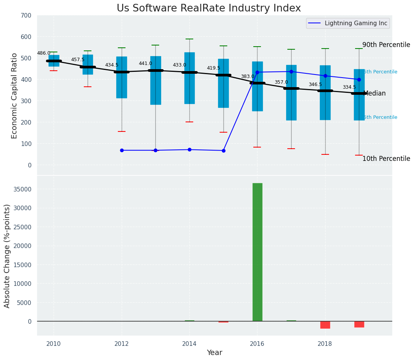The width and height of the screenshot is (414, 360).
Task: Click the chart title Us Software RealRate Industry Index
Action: pyautogui.click(x=209, y=8)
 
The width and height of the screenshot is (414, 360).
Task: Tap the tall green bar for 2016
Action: pyautogui.click(x=257, y=252)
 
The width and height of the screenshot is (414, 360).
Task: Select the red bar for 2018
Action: pyautogui.click(x=325, y=325)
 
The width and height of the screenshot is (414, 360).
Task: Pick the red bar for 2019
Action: pyautogui.click(x=359, y=324)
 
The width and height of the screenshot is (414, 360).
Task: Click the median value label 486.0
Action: pyautogui.click(x=44, y=53)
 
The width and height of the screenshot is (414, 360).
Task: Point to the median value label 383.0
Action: pyautogui.click(x=247, y=76)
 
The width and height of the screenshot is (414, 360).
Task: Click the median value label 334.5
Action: pyautogui.click(x=349, y=87)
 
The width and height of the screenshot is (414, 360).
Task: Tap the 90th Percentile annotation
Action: pyautogui.click(x=386, y=45)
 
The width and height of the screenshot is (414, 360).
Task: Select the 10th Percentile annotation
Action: pyautogui.click(x=386, y=159)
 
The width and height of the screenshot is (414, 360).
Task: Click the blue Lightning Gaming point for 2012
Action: pyautogui.click(x=122, y=150)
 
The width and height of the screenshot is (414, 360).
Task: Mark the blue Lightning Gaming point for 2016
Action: pyautogui.click(x=257, y=72)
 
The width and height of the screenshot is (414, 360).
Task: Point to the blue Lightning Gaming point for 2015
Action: pyautogui.click(x=223, y=151)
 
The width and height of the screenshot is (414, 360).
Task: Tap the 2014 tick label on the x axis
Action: pyautogui.click(x=189, y=344)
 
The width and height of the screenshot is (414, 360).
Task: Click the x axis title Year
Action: pyautogui.click(x=215, y=352)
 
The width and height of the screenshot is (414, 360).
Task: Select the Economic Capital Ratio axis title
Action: pyautogui.click(x=15, y=96)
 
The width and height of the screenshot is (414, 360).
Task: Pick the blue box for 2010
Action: pyautogui.click(x=54, y=61)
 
